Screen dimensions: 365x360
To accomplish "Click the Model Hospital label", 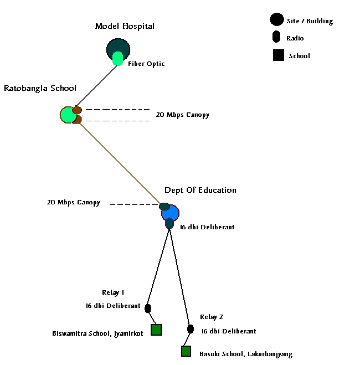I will click(x=125, y=26).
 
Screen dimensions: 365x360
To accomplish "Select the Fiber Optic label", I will click(x=146, y=64).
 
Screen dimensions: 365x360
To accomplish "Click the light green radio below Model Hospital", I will click(x=118, y=59).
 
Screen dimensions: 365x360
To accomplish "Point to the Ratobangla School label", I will click(x=40, y=88).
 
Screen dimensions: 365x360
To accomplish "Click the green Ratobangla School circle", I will click(x=68, y=115).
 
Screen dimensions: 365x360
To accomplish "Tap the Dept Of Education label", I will click(x=200, y=190).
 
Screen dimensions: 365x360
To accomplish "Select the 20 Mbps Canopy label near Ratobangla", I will click(x=183, y=115).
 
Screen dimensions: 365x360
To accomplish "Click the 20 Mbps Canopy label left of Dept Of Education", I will click(x=74, y=203).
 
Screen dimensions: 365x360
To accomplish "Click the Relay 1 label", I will click(x=113, y=292).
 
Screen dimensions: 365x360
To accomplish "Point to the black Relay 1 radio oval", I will click(x=148, y=309).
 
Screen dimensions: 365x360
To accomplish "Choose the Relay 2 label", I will click(x=212, y=317).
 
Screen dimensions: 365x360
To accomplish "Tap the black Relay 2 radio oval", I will click(x=191, y=329).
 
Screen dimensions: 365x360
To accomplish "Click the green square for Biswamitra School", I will click(x=156, y=330).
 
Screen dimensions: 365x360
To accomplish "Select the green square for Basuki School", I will click(x=186, y=351).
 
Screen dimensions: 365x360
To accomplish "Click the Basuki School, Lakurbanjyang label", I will click(x=245, y=354).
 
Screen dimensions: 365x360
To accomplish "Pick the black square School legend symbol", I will click(x=279, y=55).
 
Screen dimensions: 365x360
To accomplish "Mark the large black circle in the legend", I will click(x=276, y=20).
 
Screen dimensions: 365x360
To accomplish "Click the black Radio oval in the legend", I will click(x=276, y=38).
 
